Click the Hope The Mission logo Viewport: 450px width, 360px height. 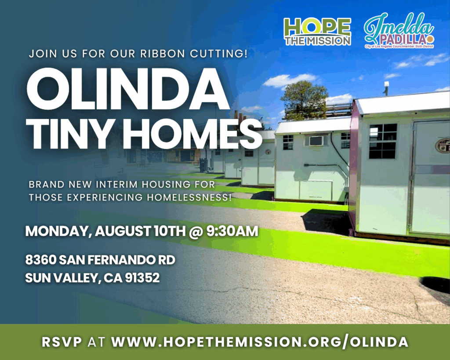click(x=318, y=31)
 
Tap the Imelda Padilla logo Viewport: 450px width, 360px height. click(x=399, y=30)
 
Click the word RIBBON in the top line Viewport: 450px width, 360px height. click(x=163, y=54)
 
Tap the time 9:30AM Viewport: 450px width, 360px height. click(x=232, y=231)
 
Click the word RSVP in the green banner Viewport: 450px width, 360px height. click(x=62, y=342)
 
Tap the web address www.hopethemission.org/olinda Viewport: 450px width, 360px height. click(x=260, y=342)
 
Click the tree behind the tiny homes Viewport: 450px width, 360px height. click(x=304, y=98)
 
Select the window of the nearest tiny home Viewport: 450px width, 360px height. click(x=383, y=141)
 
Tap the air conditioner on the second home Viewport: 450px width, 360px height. click(x=316, y=141)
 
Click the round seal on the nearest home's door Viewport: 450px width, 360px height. click(x=442, y=145)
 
